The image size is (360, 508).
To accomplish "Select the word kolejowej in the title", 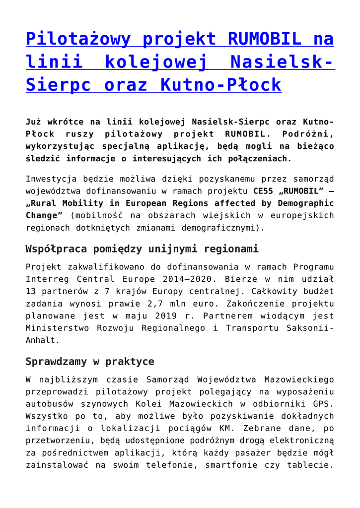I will (159, 62).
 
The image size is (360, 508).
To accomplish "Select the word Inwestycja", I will (51, 179).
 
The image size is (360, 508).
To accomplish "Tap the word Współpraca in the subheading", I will (56, 249).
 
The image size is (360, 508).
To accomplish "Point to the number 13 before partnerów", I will (31, 292).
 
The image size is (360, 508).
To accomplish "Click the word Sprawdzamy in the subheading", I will (56, 361).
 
